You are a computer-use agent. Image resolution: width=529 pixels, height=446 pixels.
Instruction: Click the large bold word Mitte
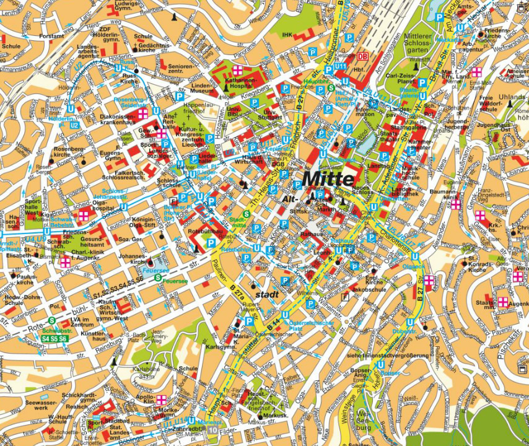(328, 179)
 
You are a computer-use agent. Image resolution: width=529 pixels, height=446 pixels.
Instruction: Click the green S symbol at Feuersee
(157, 278)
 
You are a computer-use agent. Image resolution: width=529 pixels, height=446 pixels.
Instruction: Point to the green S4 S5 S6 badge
(54, 339)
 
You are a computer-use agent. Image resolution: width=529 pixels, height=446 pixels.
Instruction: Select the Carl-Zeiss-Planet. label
(400, 79)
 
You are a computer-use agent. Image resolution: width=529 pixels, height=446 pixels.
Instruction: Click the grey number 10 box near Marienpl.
(212, 429)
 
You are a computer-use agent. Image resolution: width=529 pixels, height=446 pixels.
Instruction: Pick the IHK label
(286, 35)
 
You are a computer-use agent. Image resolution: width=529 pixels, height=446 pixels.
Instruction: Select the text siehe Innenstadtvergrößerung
(388, 355)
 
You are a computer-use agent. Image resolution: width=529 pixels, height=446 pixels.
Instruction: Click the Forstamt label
(51, 36)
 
